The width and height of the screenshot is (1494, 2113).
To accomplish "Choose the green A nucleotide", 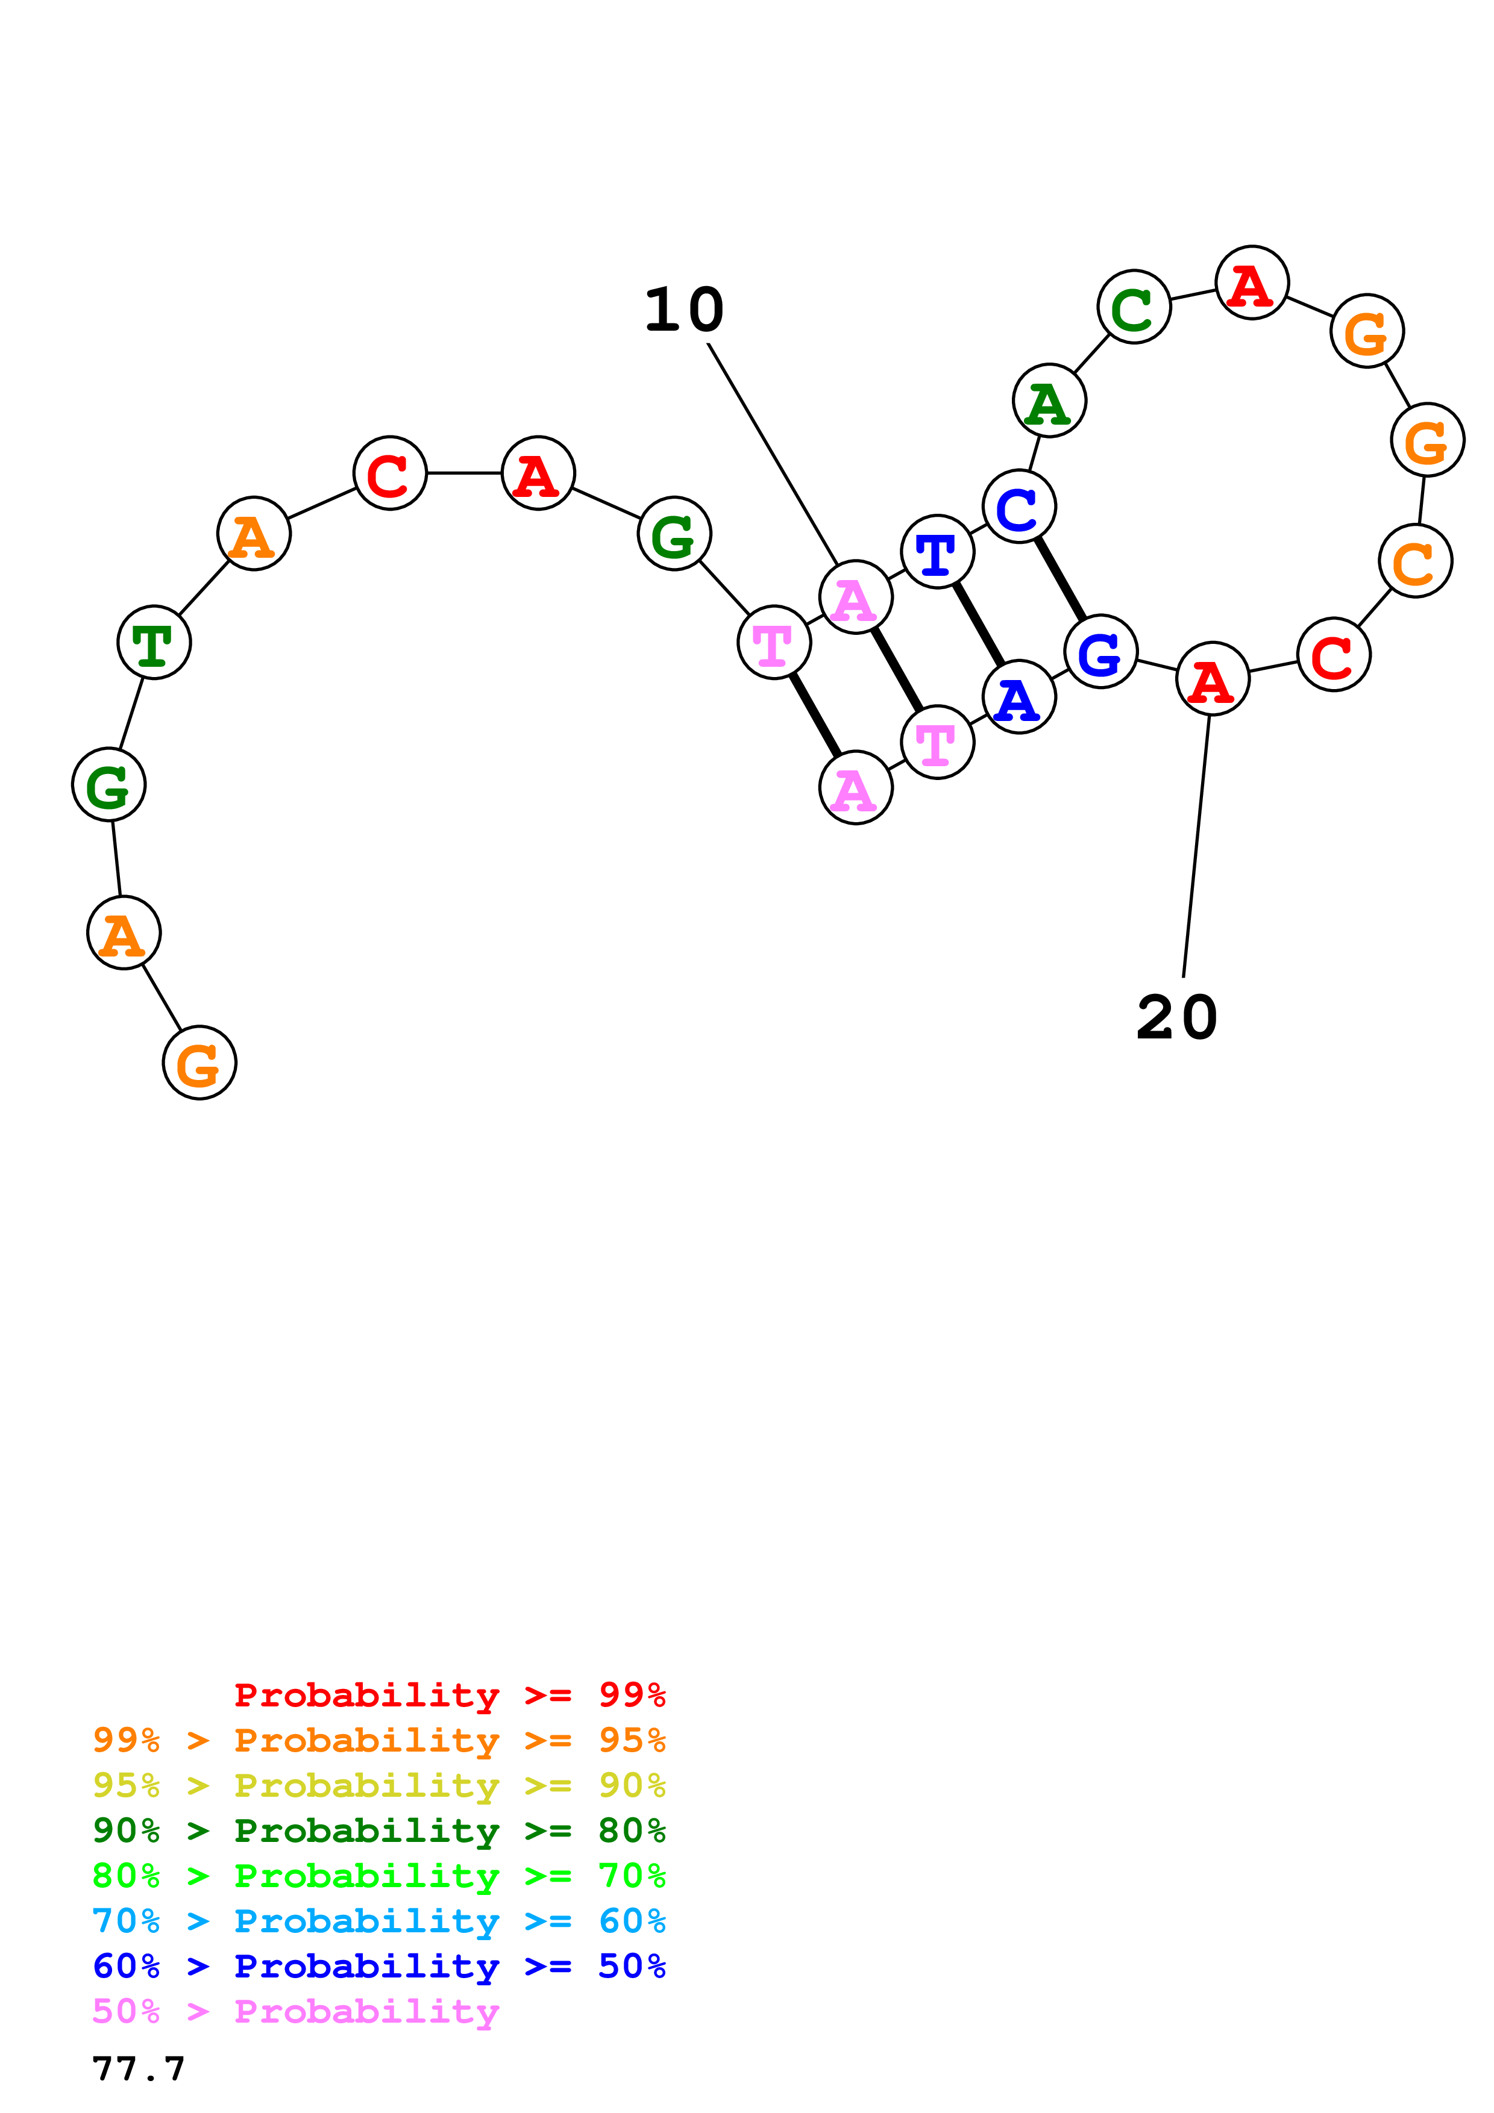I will tap(1049, 401).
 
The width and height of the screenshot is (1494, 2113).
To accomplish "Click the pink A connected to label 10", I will tap(855, 598).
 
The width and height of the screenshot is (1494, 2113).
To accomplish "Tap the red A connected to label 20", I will tap(1213, 679).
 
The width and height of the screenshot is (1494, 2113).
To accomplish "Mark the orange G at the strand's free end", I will tap(199, 1063).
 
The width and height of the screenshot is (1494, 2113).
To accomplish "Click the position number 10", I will tap(684, 310).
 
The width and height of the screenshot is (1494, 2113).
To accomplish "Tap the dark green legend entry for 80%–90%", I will tap(378, 1831).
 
